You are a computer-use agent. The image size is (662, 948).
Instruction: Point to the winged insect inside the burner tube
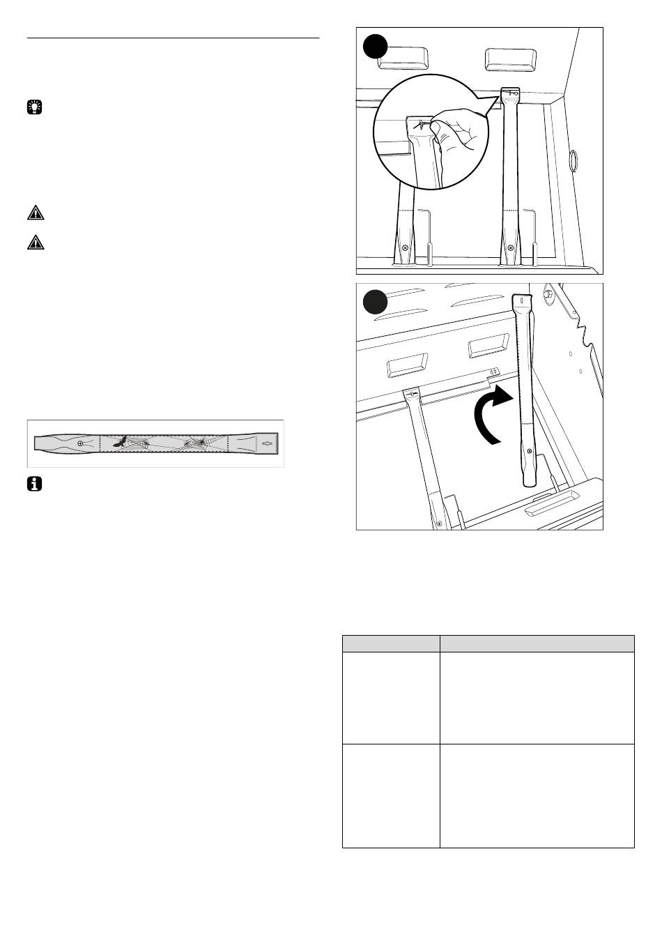click(121, 442)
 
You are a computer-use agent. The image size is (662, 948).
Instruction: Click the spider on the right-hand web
click(199, 442)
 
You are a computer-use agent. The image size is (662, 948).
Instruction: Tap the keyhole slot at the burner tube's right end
click(267, 443)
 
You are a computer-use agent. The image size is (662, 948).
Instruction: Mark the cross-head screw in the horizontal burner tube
click(81, 443)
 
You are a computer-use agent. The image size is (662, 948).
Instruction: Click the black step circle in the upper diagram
click(376, 47)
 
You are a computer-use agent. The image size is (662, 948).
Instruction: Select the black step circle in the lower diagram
click(376, 303)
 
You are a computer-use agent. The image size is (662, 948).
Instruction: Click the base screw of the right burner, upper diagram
click(511, 247)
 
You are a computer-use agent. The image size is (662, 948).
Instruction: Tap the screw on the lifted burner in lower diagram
click(529, 451)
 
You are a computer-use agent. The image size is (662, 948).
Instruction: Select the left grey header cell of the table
click(391, 643)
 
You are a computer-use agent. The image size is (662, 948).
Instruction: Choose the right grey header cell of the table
click(537, 643)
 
